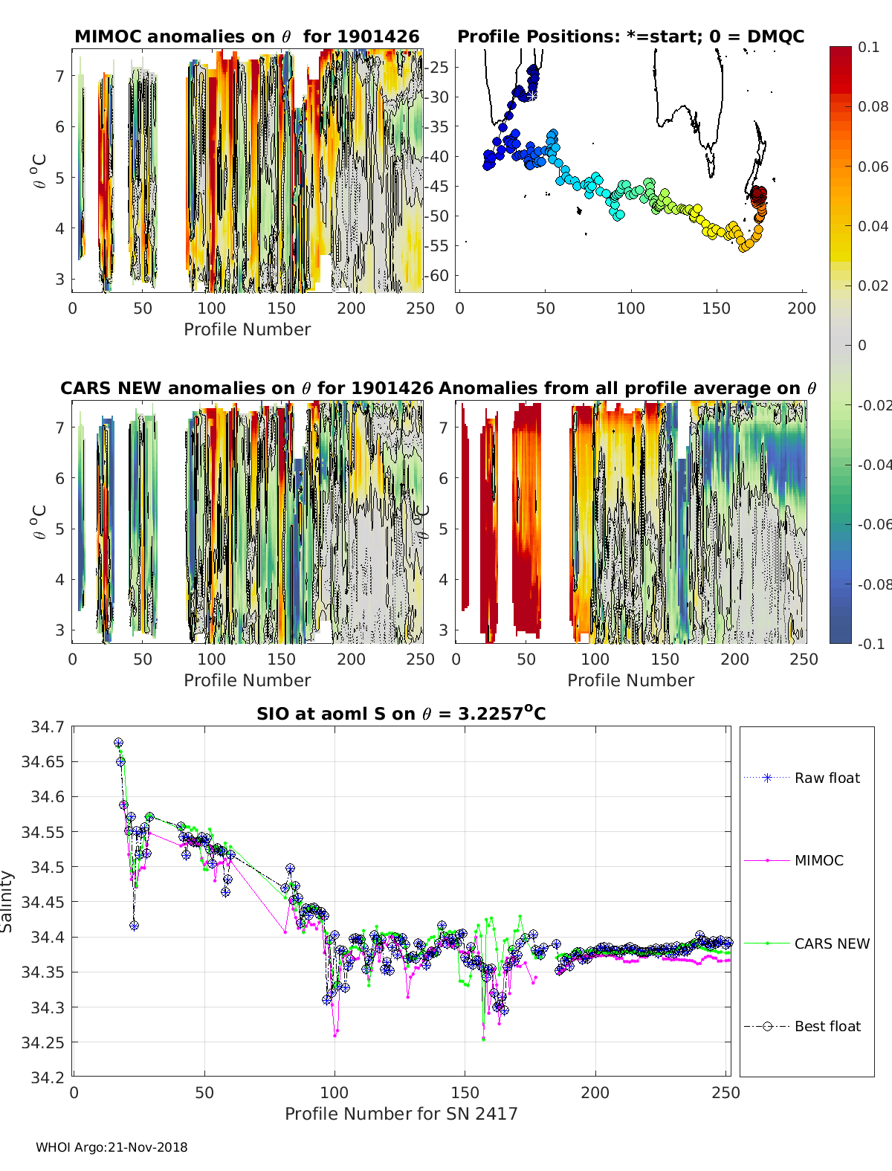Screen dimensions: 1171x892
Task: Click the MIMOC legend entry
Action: pos(818,860)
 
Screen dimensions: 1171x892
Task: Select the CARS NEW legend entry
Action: pos(831,943)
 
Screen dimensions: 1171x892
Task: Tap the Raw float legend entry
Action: pos(827,778)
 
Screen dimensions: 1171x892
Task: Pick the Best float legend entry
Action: pos(827,1026)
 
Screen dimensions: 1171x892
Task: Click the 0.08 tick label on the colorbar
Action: pos(873,106)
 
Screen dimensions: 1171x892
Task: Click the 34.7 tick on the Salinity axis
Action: pos(48,726)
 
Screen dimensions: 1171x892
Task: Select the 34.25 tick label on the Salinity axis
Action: pos(43,1042)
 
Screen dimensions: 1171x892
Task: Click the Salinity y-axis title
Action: pos(7,901)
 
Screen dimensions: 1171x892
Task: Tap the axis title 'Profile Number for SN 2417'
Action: pos(401,1113)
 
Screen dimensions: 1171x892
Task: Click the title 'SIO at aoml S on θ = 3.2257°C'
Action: pos(401,714)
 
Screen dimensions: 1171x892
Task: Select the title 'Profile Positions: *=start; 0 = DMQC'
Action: pos(630,36)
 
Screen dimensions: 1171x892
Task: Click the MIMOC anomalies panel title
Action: pos(247,36)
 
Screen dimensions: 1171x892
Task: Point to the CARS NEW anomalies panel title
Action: pos(247,388)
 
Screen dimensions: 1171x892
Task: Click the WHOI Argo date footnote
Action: pos(111,1147)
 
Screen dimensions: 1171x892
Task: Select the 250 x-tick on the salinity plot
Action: pos(725,1092)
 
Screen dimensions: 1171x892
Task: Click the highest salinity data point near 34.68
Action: pos(118,743)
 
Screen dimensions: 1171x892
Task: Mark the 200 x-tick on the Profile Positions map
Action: pos(801,308)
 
